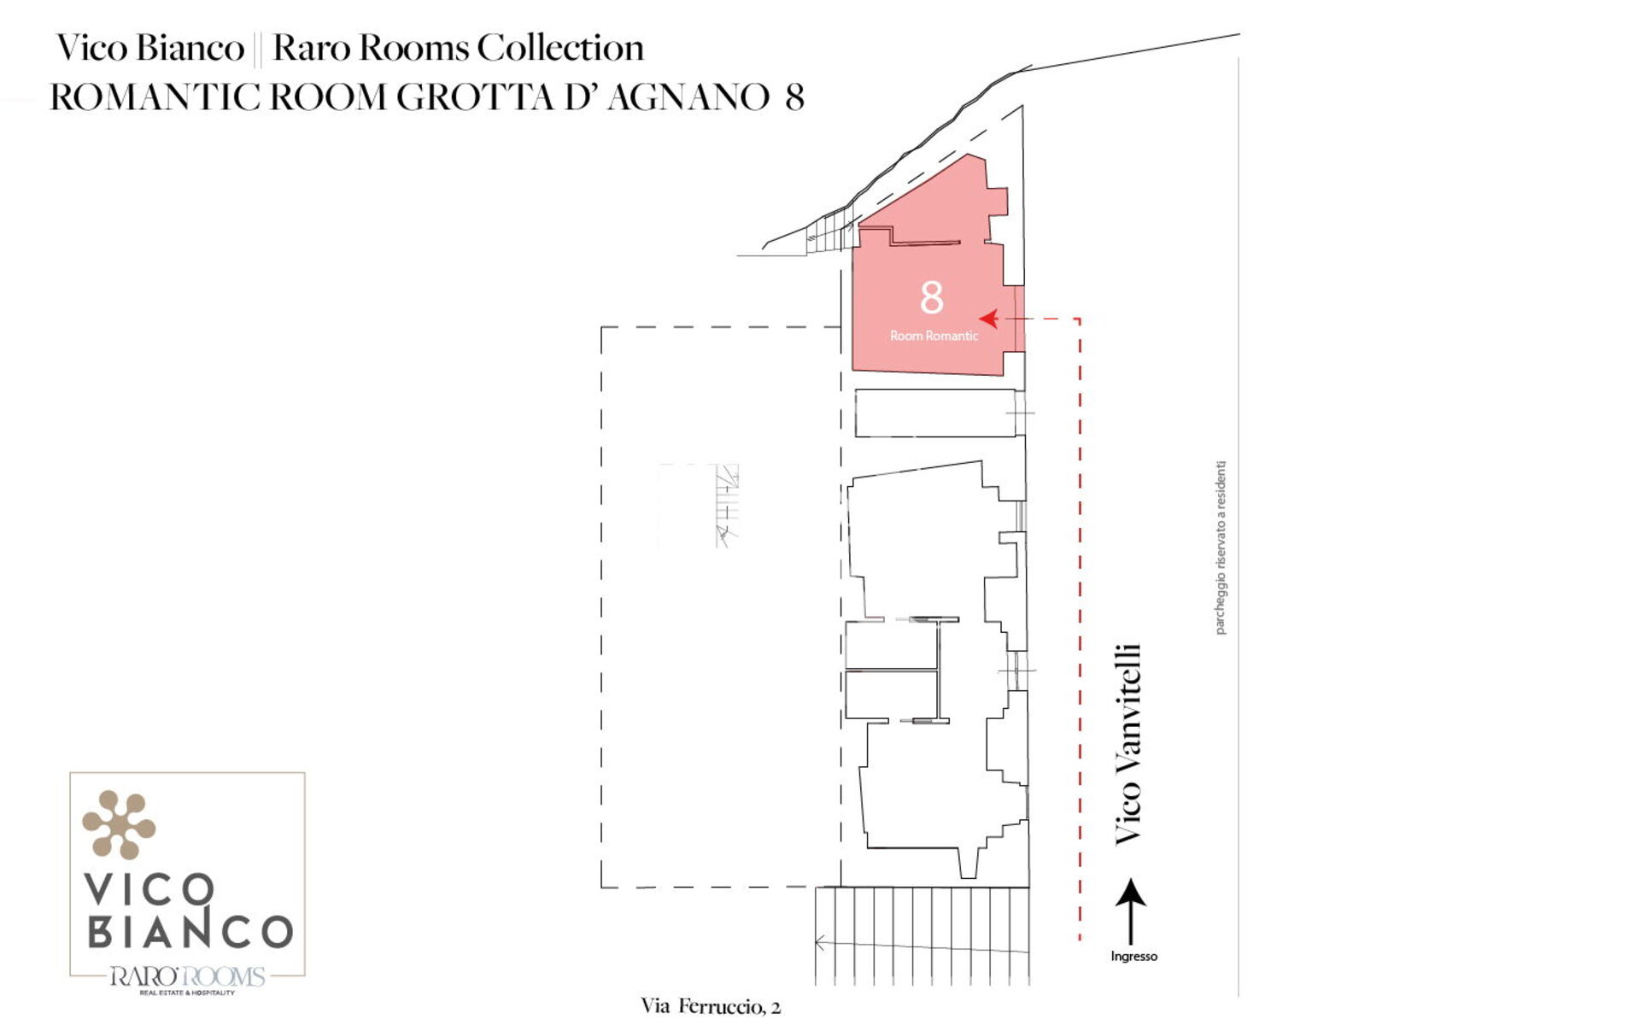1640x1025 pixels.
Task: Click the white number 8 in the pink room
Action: tap(932, 297)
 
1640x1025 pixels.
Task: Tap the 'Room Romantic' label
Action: tap(934, 336)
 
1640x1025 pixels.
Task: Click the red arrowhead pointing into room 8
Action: tap(989, 319)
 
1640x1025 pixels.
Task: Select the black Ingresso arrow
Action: tap(1131, 911)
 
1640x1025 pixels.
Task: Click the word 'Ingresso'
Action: tap(1133, 957)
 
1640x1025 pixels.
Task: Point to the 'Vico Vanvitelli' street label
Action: tap(1128, 745)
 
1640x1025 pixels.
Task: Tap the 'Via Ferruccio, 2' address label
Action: tap(711, 1006)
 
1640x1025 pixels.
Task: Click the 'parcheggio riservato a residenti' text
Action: tap(1221, 548)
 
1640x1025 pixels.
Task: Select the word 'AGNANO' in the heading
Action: tap(688, 97)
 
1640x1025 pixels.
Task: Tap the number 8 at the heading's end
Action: tap(794, 97)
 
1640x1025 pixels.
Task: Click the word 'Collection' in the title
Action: tap(560, 48)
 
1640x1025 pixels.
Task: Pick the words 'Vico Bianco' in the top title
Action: tap(150, 48)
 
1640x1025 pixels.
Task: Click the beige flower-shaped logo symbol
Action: tap(119, 824)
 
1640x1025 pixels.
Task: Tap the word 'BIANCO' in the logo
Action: tap(190, 932)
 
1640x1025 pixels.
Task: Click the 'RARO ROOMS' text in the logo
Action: tap(187, 976)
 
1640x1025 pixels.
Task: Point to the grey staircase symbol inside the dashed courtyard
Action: tap(727, 505)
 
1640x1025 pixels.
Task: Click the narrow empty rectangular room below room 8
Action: tap(935, 413)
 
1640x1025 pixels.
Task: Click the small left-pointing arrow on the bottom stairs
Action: tap(820, 944)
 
